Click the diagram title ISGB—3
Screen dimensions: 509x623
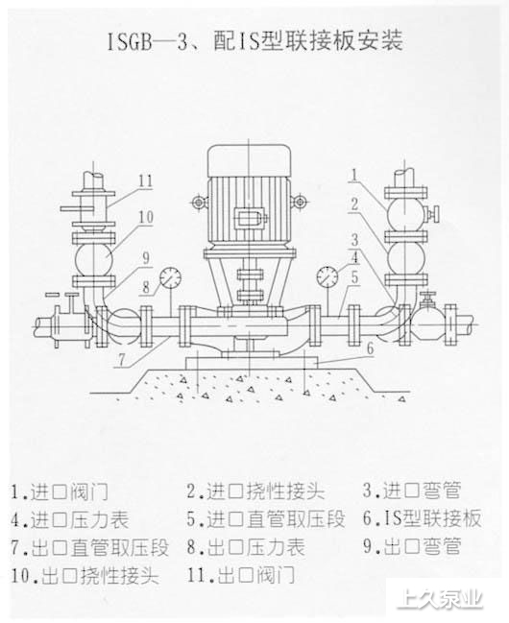pyautogui.click(x=148, y=41)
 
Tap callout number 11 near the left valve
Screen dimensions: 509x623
pyautogui.click(x=146, y=181)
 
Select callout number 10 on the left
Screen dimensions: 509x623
pyautogui.click(x=146, y=217)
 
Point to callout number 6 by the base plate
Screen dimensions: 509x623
pyautogui.click(x=370, y=348)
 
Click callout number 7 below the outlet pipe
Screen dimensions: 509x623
pyautogui.click(x=122, y=360)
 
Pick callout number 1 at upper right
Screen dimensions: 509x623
pyautogui.click(x=354, y=175)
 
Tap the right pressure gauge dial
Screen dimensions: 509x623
pyautogui.click(x=327, y=276)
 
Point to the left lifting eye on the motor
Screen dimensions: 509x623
pyautogui.click(x=198, y=203)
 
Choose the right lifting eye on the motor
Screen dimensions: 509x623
pyautogui.click(x=299, y=202)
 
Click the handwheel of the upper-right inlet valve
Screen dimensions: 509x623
pyautogui.click(x=437, y=214)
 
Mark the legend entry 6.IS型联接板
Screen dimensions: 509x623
pyautogui.click(x=422, y=518)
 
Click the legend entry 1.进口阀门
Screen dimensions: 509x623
pyautogui.click(x=60, y=491)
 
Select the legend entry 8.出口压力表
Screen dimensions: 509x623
pyautogui.click(x=246, y=547)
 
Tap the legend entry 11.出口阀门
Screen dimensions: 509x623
pyautogui.click(x=241, y=575)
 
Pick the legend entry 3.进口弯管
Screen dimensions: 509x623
pyautogui.click(x=412, y=491)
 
